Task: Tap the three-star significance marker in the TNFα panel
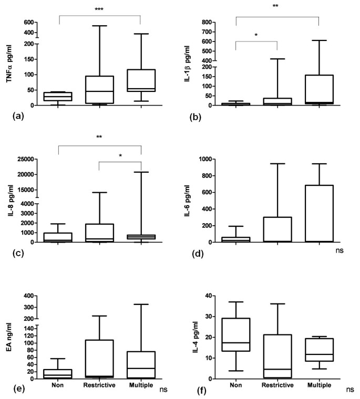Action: coord(99,9)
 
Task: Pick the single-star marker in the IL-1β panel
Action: coord(256,35)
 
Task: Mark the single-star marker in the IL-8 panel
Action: coord(120,156)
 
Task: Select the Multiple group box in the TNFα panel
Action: coord(141,79)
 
